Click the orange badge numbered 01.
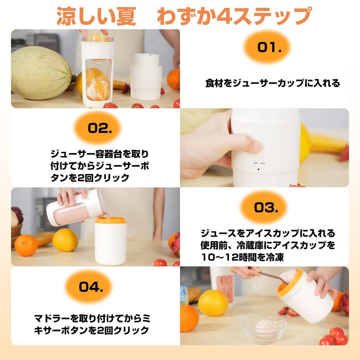(267, 47)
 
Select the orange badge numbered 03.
(264, 207)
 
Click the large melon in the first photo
(41, 73)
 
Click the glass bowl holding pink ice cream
(264, 329)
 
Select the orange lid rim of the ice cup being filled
(111, 220)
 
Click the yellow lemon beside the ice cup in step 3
(65, 240)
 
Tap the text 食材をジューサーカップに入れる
(272, 83)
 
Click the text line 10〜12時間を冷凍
(242, 257)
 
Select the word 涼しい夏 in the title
(96, 16)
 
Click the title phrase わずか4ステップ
(234, 16)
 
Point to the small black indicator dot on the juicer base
(258, 169)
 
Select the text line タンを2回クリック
(90, 178)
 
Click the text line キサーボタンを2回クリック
(91, 330)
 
